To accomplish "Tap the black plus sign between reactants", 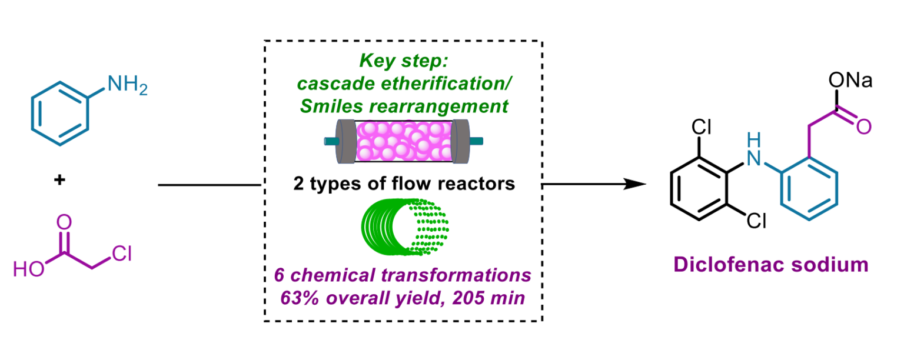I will (59, 181).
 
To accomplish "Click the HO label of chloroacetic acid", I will (28, 269).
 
